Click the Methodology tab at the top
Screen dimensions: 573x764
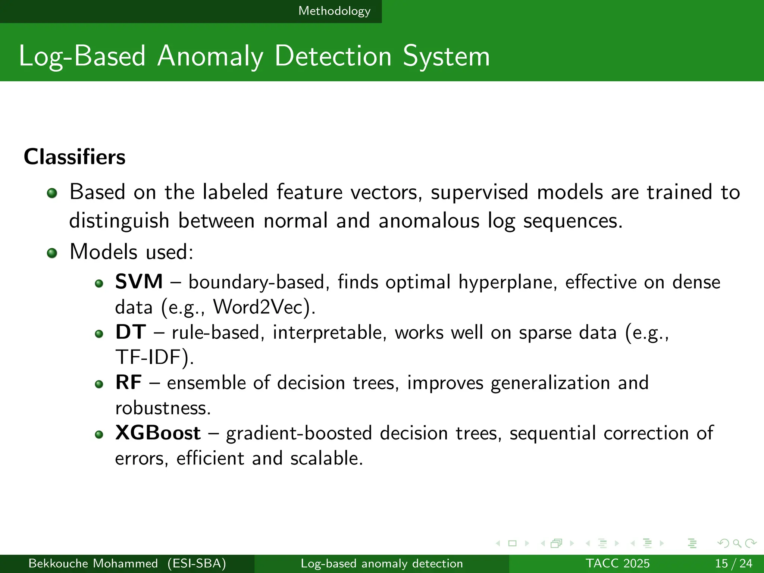[x=334, y=11]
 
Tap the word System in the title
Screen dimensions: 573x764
[x=446, y=57]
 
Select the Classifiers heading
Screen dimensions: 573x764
[x=75, y=157]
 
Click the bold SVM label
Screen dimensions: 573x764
[x=139, y=281]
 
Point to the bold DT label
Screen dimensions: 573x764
[x=130, y=332]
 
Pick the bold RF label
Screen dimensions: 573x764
[x=128, y=382]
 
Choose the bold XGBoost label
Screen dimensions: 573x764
[x=158, y=433]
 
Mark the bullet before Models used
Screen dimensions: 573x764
[x=52, y=253]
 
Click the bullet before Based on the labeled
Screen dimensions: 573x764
[x=52, y=193]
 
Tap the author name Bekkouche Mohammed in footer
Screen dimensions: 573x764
[x=93, y=563]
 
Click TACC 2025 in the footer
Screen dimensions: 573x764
[x=617, y=563]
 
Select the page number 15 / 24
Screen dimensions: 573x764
[x=733, y=563]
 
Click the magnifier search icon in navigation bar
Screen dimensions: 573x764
[x=737, y=543]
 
